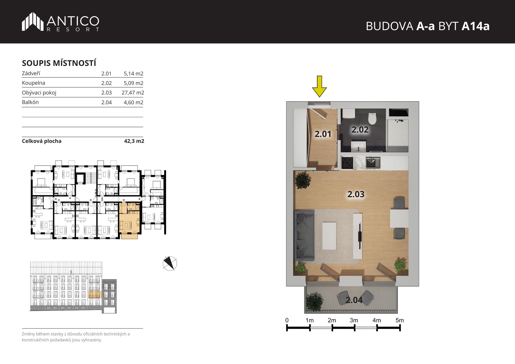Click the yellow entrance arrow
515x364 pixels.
pyautogui.click(x=319, y=86)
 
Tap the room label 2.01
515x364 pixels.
pyautogui.click(x=323, y=134)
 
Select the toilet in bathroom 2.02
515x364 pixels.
pyautogui.click(x=372, y=118)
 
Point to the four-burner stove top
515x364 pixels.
pyautogui.click(x=347, y=163)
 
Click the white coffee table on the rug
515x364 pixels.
pyautogui.click(x=329, y=236)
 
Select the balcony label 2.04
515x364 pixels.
pyautogui.click(x=354, y=300)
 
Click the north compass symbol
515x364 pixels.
pyautogui.click(x=170, y=263)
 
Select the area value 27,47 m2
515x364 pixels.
pyautogui.click(x=133, y=93)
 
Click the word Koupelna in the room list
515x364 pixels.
pyautogui.click(x=33, y=83)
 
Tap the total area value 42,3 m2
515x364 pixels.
pyautogui.click(x=134, y=141)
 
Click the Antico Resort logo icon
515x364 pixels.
pyautogui.click(x=33, y=22)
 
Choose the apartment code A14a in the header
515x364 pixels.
pyautogui.click(x=475, y=26)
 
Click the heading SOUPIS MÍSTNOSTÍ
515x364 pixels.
pyautogui.click(x=59, y=63)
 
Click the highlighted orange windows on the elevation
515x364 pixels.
pyautogui.click(x=94, y=294)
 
